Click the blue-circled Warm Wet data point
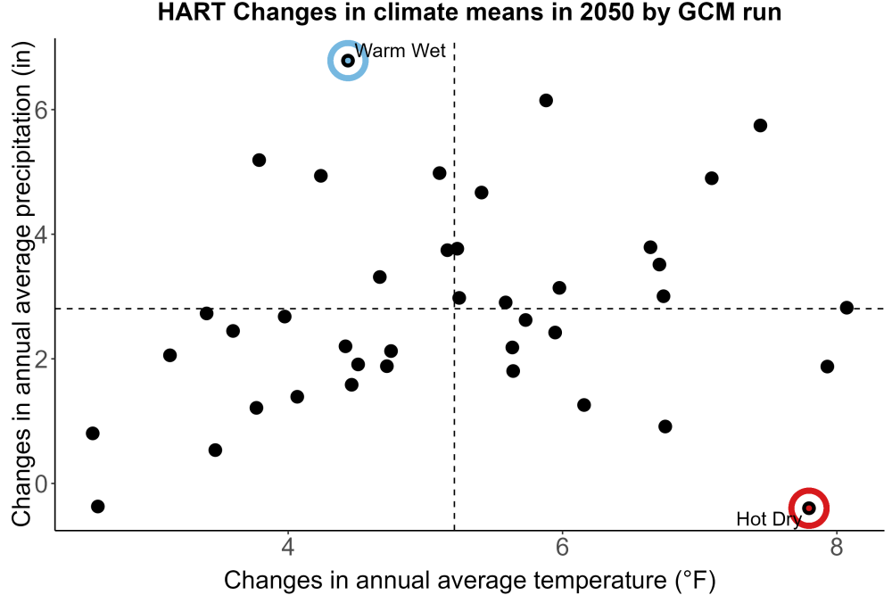(x=348, y=61)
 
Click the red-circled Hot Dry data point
(x=808, y=508)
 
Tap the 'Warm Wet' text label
(x=400, y=51)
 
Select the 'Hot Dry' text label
(x=769, y=519)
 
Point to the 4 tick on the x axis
(x=288, y=547)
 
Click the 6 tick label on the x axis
(x=562, y=547)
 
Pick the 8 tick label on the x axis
(x=836, y=547)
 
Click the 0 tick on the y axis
(x=41, y=483)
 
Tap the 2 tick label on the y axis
(x=41, y=359)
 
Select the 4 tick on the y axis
(x=41, y=235)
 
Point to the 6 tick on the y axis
(x=41, y=110)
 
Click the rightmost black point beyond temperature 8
(x=847, y=308)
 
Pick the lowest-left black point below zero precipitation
(x=98, y=507)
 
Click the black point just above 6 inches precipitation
(x=546, y=101)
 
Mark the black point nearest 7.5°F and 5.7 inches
(x=760, y=125)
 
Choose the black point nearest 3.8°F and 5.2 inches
(x=259, y=160)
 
